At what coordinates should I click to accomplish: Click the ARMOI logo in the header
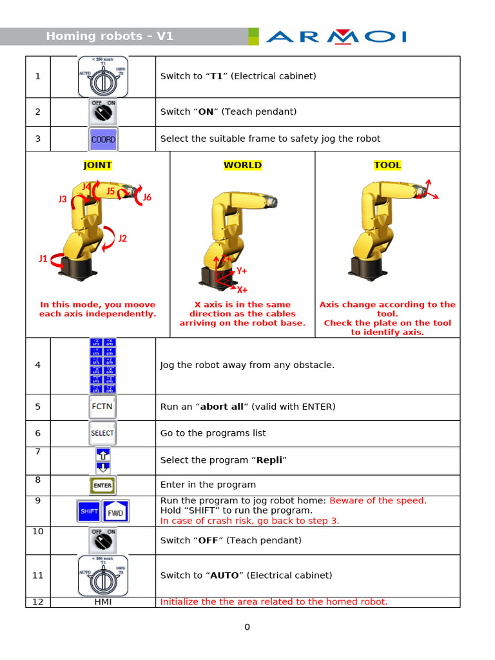click(x=336, y=36)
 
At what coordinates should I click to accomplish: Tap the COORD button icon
click(x=103, y=139)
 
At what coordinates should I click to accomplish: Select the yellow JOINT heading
click(x=97, y=165)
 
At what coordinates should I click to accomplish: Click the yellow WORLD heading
click(x=242, y=165)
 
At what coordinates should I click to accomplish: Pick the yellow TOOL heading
click(x=387, y=165)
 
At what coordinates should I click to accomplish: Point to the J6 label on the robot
click(x=147, y=197)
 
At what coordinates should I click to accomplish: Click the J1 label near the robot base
click(x=43, y=259)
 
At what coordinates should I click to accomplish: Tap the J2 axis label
click(x=122, y=238)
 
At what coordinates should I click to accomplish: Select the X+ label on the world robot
click(x=242, y=290)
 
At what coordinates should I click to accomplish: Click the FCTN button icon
click(x=102, y=407)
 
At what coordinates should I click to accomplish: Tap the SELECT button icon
click(x=102, y=433)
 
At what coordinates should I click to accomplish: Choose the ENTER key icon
click(x=102, y=485)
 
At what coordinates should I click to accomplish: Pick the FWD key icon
click(x=116, y=512)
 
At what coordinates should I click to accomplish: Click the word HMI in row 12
click(x=103, y=602)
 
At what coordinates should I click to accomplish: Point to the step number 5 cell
click(x=38, y=407)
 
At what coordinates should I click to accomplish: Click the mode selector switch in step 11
click(x=103, y=576)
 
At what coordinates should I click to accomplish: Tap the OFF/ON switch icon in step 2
click(x=103, y=112)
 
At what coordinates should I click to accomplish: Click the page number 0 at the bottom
click(x=247, y=627)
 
